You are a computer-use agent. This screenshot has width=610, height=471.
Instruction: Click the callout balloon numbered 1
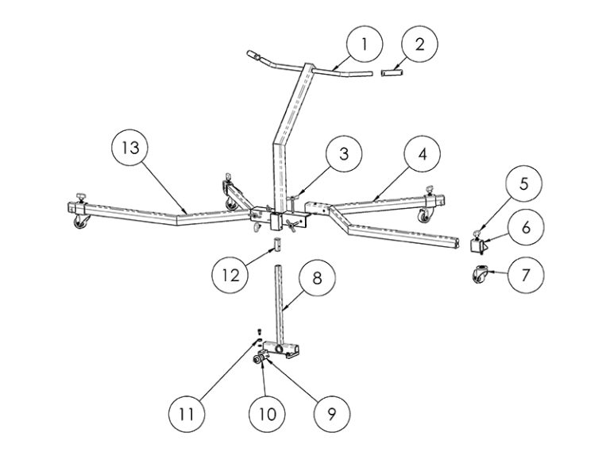[365, 44]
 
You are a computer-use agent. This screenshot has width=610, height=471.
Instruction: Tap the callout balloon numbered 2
[419, 44]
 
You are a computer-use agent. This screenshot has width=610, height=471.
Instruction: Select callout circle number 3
[344, 153]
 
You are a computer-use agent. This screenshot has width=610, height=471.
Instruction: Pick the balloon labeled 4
[422, 153]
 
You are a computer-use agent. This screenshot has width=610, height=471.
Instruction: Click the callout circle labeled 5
[524, 183]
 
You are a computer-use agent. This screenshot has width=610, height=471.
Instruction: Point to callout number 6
[526, 227]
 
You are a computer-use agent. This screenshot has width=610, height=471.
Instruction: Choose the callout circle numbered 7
[526, 275]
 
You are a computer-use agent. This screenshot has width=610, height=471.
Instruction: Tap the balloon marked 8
[317, 278]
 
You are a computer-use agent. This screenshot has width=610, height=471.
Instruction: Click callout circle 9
[331, 414]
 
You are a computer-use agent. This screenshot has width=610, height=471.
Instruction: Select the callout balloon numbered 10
[267, 414]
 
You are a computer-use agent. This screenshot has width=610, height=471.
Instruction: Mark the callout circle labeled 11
[187, 414]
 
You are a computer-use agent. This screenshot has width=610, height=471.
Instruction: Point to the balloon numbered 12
[230, 276]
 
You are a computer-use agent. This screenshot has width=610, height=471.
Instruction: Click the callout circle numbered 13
[130, 148]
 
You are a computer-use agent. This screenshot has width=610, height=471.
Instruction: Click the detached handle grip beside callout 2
[392, 73]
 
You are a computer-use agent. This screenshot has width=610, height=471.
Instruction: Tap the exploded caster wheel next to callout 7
[480, 273]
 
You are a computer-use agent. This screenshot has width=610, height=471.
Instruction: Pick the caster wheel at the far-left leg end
[81, 222]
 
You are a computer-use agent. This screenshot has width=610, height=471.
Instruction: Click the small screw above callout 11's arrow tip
[259, 331]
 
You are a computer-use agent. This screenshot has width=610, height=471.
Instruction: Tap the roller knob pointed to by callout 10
[257, 360]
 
